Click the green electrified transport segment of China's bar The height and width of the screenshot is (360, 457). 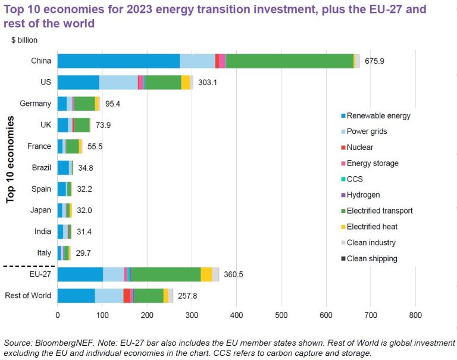tap(289, 61)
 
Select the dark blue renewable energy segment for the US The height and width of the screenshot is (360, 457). tap(78, 82)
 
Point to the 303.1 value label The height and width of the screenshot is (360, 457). tap(206, 83)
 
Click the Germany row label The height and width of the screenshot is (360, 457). tap(35, 104)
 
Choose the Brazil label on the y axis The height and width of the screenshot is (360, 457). tap(41, 167)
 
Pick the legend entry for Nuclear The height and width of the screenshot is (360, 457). tap(359, 147)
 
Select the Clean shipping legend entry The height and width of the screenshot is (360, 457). tap(371, 258)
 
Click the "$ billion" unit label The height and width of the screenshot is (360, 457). tap(24, 40)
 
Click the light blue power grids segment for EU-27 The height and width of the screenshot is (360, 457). tap(113, 274)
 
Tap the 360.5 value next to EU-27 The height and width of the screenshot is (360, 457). tap(234, 274)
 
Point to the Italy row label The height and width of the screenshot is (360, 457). tap(43, 253)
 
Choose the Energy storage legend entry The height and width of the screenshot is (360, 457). tap(373, 163)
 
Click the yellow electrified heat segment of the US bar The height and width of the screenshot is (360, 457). tap(186, 82)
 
